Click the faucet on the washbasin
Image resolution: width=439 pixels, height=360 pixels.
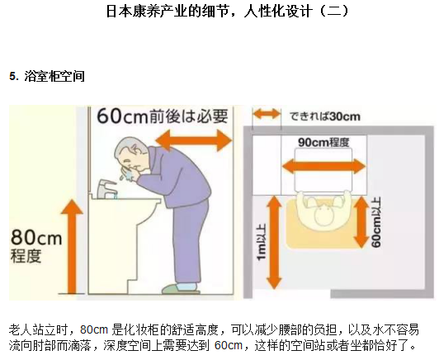pos(107,188)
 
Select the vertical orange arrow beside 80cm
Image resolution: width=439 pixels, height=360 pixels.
pos(72,247)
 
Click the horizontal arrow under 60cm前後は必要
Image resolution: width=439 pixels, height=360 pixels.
pos(194,140)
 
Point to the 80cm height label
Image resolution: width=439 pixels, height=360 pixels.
pos(35,246)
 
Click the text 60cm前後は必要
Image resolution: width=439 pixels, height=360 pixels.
pos(163,116)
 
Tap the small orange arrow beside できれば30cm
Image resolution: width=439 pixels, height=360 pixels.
pos(267,114)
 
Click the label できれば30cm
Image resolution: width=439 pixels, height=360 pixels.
pos(325,116)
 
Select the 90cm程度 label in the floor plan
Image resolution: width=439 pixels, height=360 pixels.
pos(323,142)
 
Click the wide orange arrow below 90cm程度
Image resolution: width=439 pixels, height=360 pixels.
pos(323,166)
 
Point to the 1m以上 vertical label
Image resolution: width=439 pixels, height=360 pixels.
pos(261,241)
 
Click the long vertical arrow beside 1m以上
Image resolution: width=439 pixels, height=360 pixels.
pos(274,242)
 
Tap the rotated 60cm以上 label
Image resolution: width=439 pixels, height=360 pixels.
pos(376,222)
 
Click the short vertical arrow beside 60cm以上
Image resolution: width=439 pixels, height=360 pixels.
pos(361,221)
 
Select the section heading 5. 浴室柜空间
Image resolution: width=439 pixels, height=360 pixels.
pos(47,76)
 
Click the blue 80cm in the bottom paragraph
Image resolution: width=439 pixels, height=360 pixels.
pos(94,329)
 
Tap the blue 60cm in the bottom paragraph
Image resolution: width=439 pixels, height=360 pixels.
pos(229,345)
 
